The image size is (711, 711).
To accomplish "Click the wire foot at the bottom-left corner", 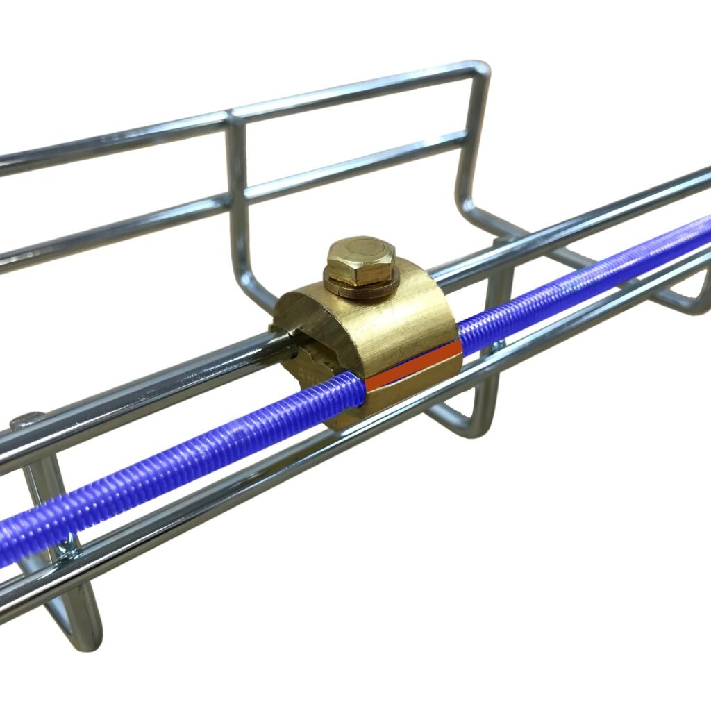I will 76,625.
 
